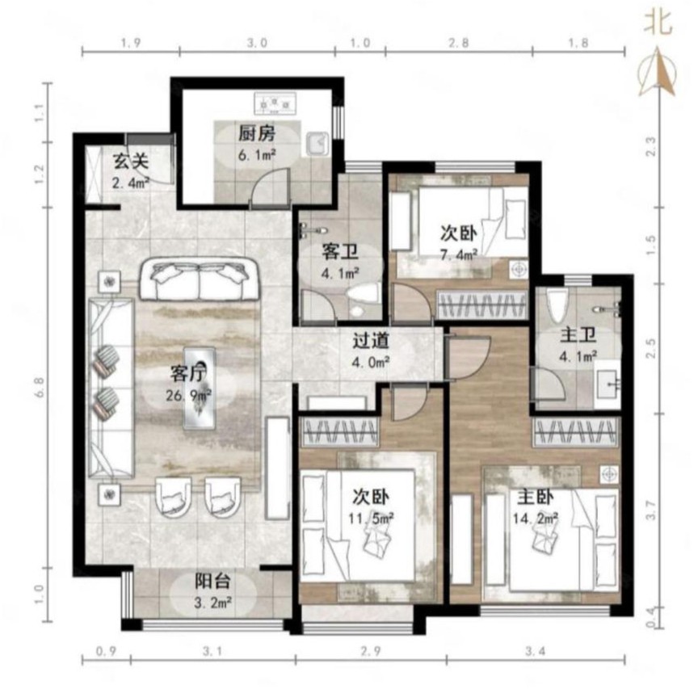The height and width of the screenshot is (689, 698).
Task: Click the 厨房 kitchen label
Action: pyautogui.click(x=256, y=133)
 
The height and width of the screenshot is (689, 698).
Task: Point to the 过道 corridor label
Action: pyautogui.click(x=371, y=341)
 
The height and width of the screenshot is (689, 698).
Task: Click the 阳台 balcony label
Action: pyautogui.click(x=212, y=581)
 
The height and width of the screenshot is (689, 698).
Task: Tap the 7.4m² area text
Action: pyautogui.click(x=459, y=255)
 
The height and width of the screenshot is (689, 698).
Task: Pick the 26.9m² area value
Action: pyautogui.click(x=188, y=395)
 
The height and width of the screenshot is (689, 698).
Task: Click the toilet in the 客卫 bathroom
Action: pyautogui.click(x=361, y=300)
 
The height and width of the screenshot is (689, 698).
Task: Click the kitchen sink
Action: pyautogui.click(x=317, y=144)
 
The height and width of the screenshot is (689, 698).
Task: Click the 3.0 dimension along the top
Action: pyautogui.click(x=257, y=43)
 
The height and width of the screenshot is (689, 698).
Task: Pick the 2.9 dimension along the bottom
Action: pyautogui.click(x=371, y=651)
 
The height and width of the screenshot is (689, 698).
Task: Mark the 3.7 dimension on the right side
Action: pyautogui.click(x=650, y=510)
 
